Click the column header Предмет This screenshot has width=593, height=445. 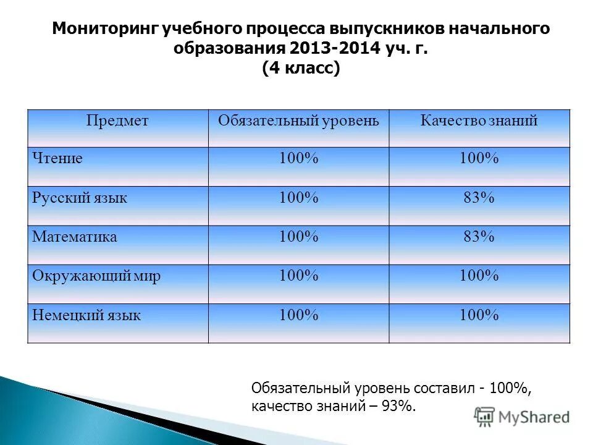tap(117, 121)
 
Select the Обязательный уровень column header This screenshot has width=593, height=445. tap(298, 121)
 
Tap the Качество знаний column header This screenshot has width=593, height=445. tap(479, 121)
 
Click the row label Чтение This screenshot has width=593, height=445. tap(57, 159)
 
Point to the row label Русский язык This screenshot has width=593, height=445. tap(80, 198)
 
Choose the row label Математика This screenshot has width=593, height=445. tap(75, 237)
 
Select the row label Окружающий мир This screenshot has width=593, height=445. tap(96, 276)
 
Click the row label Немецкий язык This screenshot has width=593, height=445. tap(86, 315)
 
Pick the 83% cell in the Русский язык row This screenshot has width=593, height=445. tap(479, 198)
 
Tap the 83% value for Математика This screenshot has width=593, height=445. tap(479, 237)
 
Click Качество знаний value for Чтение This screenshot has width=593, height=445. tap(479, 159)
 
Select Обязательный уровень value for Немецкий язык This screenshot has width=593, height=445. tap(298, 315)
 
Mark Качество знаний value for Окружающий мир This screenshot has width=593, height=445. tap(479, 276)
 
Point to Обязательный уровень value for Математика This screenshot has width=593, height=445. tap(298, 237)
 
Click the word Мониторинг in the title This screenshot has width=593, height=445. tap(106, 29)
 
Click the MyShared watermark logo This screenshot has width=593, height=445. tap(522, 416)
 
